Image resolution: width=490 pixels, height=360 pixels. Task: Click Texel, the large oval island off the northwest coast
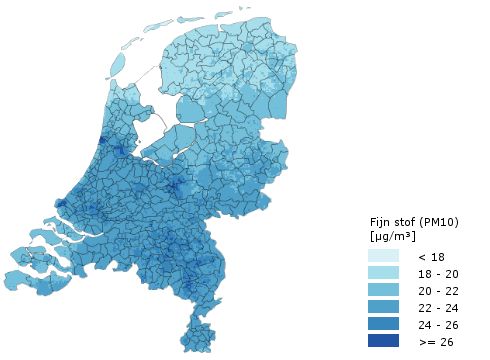tap(118, 64)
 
